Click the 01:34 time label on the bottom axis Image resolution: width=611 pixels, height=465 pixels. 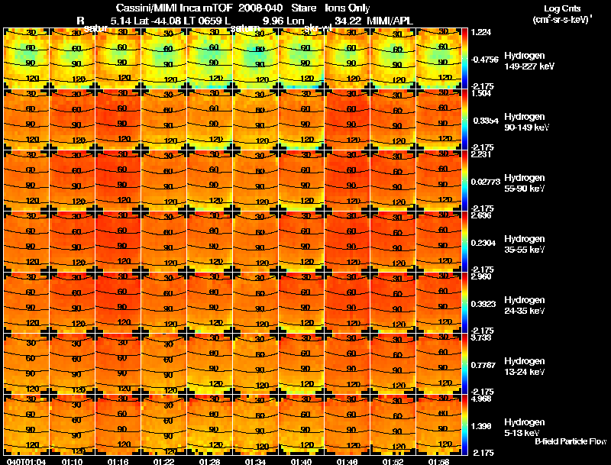coord(256,461)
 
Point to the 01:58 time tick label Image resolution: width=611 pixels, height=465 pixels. coord(439,461)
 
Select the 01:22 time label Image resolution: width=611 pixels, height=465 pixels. coord(164,461)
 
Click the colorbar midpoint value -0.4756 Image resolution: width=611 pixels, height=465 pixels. coord(486,59)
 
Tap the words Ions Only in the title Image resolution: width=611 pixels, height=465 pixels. coord(348,8)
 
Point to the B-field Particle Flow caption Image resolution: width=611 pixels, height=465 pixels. coord(571,441)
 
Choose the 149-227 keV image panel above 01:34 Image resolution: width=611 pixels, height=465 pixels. coord(256,59)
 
